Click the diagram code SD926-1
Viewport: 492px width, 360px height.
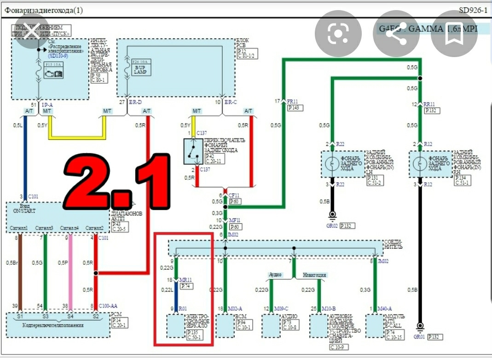click(x=473, y=10)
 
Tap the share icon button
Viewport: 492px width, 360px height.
click(x=396, y=34)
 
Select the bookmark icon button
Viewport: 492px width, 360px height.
click(x=454, y=34)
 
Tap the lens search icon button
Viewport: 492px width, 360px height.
click(x=338, y=34)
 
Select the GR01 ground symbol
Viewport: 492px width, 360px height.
click(x=419, y=327)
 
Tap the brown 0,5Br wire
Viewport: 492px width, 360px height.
click(x=20, y=272)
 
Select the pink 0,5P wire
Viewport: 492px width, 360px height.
click(x=70, y=272)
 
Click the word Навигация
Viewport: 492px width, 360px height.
click(x=314, y=275)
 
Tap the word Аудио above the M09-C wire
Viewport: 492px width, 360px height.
click(x=275, y=275)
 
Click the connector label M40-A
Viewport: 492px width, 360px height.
click(x=385, y=308)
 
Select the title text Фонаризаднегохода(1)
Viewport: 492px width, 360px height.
click(x=44, y=10)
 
